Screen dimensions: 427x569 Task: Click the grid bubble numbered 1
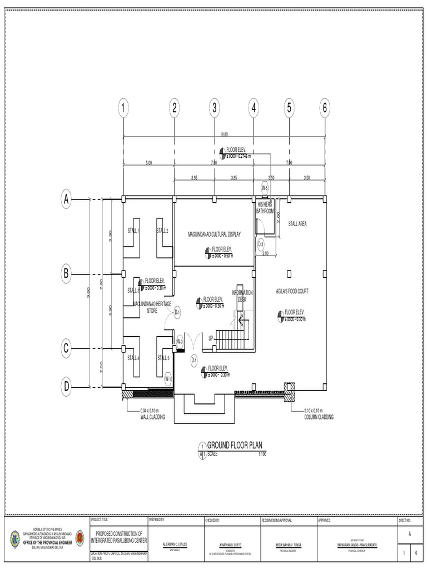(123, 108)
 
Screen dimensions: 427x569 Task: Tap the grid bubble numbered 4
(254, 108)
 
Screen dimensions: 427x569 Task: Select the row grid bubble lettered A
(67, 198)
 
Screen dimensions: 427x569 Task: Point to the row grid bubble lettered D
(67, 386)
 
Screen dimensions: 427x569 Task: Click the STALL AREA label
(297, 224)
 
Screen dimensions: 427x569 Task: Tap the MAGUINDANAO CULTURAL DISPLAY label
(214, 234)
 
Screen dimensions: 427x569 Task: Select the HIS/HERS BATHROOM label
(265, 208)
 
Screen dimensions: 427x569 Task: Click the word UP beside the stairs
(211, 338)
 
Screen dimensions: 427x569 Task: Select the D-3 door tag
(261, 243)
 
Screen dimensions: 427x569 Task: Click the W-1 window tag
(167, 379)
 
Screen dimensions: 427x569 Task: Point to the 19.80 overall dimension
(224, 134)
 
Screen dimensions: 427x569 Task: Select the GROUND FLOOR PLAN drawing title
(234, 445)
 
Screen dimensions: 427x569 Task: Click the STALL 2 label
(162, 231)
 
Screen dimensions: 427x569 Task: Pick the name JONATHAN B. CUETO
(220, 545)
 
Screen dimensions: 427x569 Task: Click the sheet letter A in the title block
(410, 533)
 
